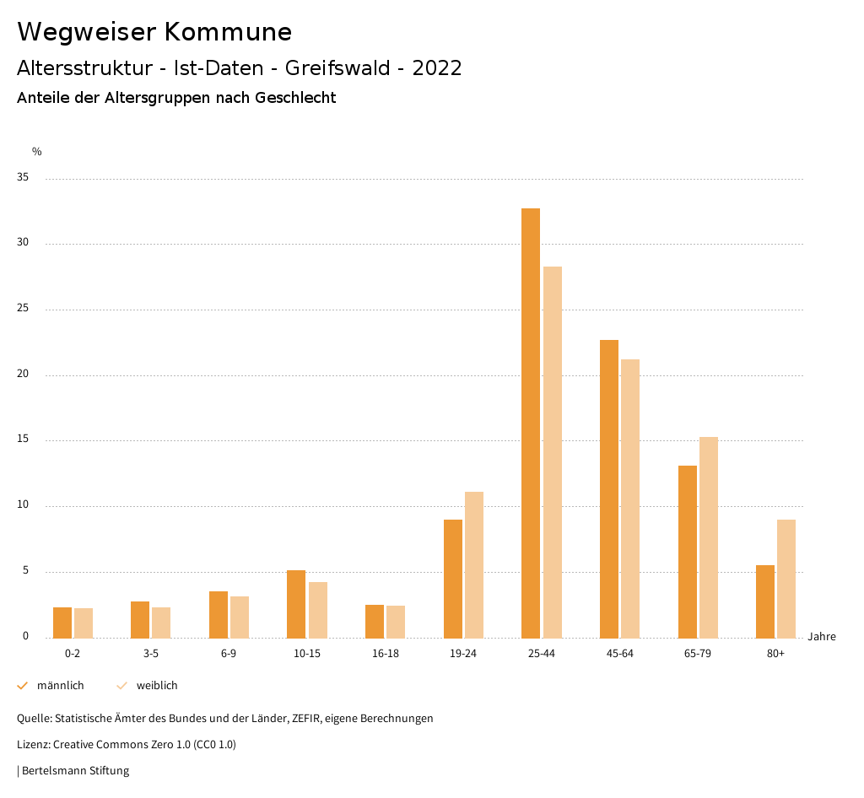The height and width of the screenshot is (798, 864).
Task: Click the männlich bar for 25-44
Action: [x=531, y=423]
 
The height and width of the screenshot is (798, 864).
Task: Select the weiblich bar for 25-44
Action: [x=553, y=452]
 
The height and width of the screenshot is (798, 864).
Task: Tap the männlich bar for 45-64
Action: [x=609, y=488]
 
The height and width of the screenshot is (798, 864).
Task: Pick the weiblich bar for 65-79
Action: [x=709, y=537]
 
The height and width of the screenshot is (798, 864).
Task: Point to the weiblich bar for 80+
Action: [x=786, y=579]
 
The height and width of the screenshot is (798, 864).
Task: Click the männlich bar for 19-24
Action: [x=453, y=579]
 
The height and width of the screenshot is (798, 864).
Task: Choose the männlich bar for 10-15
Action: [x=296, y=604]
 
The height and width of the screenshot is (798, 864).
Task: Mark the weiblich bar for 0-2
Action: [x=84, y=623]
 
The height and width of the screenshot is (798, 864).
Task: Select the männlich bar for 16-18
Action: [x=375, y=622]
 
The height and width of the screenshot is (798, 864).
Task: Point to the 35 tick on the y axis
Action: [x=23, y=178]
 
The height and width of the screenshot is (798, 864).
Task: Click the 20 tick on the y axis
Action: [x=23, y=375]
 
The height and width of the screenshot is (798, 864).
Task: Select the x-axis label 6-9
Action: [x=229, y=654]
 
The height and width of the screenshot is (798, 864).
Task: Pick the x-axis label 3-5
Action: [x=150, y=654]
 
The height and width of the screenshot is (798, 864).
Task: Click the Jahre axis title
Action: [x=822, y=637]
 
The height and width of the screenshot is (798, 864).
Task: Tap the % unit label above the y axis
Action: [x=37, y=152]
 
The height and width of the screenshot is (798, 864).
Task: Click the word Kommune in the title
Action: [x=228, y=32]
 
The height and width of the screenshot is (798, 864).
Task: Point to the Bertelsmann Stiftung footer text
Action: [x=75, y=770]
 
